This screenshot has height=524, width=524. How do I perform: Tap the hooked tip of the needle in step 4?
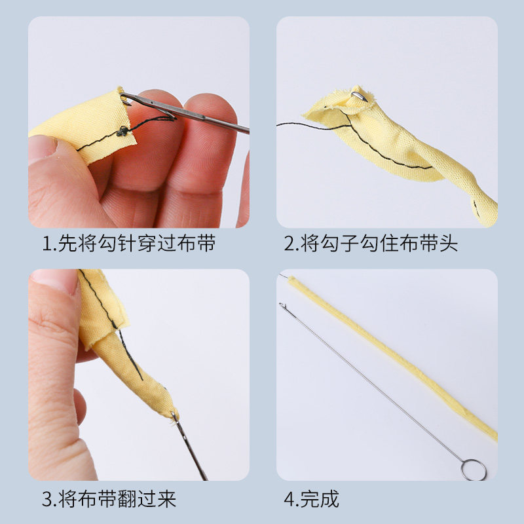(x=283, y=305)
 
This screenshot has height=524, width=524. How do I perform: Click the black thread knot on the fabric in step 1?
(x=122, y=132)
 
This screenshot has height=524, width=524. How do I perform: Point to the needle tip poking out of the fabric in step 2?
(x=360, y=96)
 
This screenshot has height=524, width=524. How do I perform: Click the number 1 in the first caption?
(x=47, y=244)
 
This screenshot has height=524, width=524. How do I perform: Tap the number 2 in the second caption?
(x=290, y=244)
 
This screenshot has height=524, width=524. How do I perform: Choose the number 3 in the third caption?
(x=48, y=499)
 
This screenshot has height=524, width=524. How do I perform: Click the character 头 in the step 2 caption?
(x=448, y=243)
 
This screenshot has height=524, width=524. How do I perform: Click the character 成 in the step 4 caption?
(x=329, y=499)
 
